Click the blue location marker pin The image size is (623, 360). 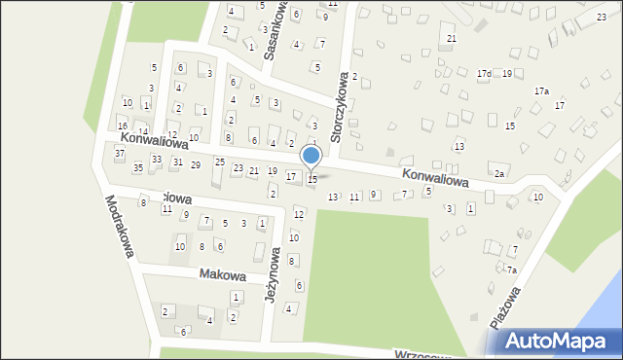(311, 156)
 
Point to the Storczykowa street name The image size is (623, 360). (342, 106)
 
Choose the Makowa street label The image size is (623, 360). (220, 274)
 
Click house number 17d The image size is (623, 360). (484, 74)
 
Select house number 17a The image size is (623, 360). (541, 90)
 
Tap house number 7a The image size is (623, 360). (510, 270)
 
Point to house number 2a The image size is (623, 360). (498, 173)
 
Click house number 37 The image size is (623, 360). (119, 154)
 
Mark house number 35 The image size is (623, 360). (138, 168)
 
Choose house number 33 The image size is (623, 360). (156, 157)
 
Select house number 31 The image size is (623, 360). (177, 162)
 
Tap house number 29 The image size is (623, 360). (196, 165)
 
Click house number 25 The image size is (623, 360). (219, 162)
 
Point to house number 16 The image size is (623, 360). (122, 126)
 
